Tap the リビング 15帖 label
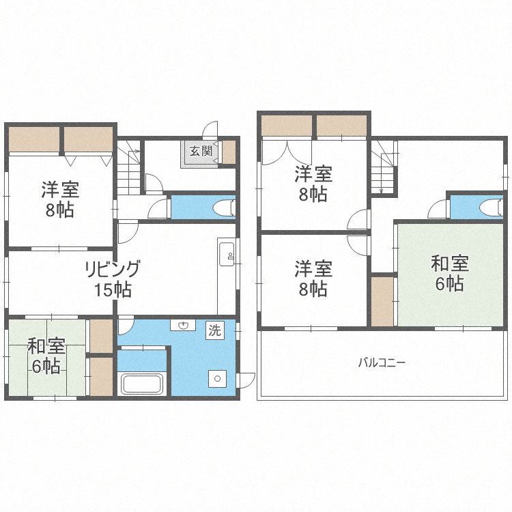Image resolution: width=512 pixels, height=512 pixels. pos(113,279)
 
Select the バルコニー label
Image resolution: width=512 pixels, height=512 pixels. pos(382,362)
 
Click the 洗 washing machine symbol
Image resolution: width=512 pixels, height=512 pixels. pos(215,330)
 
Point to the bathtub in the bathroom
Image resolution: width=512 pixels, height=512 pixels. pos(142,384)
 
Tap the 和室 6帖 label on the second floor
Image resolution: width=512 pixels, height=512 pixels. pos(448,272)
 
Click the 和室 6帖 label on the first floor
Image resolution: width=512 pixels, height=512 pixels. pos(46,356)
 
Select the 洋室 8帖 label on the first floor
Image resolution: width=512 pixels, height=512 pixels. pos(59,199)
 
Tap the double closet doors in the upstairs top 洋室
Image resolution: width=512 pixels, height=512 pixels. pos(287,151)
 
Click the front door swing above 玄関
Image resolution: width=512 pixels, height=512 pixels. pos(211,129)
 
